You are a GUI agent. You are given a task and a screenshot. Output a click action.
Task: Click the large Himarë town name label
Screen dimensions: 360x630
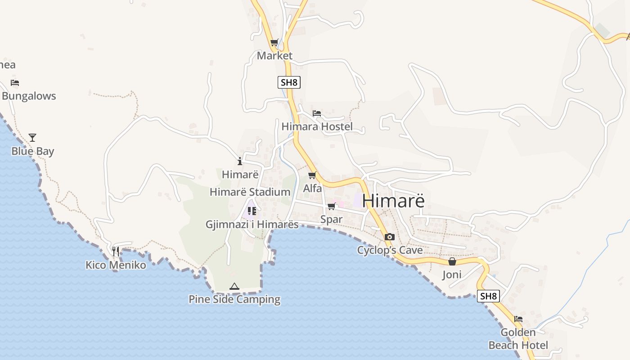tap(393, 201)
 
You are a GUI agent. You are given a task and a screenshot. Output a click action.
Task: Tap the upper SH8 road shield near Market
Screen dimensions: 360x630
tap(289, 82)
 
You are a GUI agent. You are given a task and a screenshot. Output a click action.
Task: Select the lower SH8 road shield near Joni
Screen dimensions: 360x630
tap(488, 296)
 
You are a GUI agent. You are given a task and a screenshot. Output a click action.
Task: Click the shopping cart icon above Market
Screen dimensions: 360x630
tap(274, 43)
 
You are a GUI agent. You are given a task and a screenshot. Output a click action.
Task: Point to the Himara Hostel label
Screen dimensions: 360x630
tap(317, 126)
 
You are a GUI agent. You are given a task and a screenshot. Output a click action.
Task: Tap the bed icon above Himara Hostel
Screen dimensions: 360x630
tap(317, 113)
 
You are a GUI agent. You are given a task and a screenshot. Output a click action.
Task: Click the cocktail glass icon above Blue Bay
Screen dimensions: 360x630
tap(32, 138)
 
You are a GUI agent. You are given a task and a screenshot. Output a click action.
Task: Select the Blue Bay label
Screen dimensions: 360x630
tap(32, 151)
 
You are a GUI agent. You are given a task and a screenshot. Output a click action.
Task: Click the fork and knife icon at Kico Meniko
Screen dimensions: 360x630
tap(116, 251)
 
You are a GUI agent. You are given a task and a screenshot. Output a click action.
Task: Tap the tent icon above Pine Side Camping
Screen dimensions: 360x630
tap(234, 286)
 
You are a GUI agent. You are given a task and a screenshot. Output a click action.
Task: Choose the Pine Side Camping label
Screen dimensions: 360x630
tap(234, 299)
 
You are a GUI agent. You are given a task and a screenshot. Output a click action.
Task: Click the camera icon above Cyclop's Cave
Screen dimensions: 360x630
tap(390, 237)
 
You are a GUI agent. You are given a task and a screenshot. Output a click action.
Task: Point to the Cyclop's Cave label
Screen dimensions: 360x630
tap(390, 250)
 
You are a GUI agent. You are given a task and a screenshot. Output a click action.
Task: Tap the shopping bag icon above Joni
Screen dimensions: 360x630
tap(452, 261)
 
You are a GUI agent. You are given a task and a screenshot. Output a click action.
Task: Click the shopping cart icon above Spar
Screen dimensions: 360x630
tap(332, 207)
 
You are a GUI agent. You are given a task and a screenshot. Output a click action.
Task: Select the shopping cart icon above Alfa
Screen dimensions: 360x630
tap(312, 175)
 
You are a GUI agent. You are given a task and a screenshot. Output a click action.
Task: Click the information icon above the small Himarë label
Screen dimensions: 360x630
tap(240, 161)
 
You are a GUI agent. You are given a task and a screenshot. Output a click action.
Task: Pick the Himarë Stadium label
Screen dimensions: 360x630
tap(250, 192)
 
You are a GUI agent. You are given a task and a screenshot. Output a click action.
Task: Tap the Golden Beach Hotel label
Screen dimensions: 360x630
tap(518, 339)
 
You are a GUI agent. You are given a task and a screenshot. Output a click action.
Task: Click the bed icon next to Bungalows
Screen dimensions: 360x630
tap(15, 83)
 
